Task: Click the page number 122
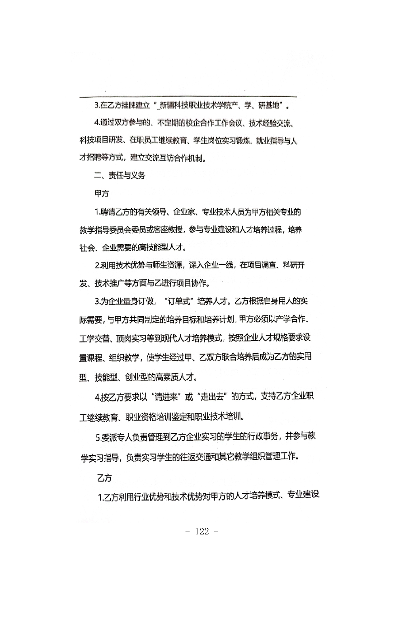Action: (202, 532)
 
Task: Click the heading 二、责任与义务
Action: (120, 176)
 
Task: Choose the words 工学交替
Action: (95, 338)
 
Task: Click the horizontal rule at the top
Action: (188, 97)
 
